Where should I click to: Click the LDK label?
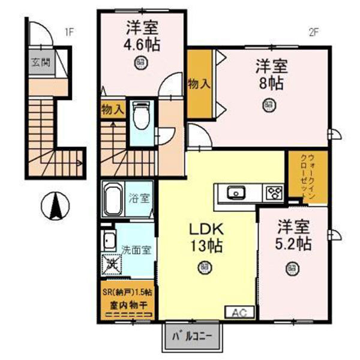point(206,229)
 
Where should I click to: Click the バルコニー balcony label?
point(192,336)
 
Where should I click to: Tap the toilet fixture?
point(142,117)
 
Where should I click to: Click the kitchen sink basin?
point(235,193)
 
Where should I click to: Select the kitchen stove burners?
point(274,193)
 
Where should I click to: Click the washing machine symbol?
point(112,262)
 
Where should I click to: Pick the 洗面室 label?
point(136,248)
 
